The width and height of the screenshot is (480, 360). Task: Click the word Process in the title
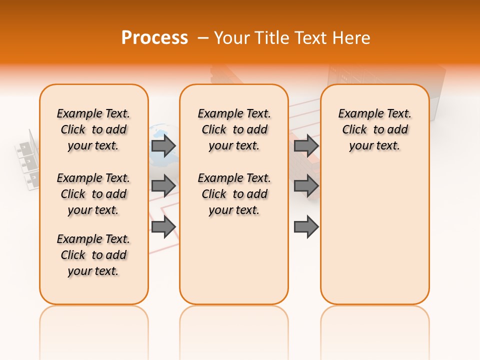pos(154,37)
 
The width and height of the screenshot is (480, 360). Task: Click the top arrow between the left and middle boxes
pos(163,145)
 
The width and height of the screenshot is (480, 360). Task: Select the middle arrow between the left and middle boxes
pos(163,185)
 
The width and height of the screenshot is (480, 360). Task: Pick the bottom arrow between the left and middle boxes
pos(163,226)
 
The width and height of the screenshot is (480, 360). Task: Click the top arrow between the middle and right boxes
pos(306,145)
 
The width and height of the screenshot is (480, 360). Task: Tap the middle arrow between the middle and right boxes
pos(306,185)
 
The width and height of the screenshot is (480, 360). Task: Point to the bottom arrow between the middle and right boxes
pos(306,226)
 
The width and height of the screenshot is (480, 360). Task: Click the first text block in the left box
pos(93,129)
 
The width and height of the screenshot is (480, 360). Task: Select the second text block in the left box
pos(93,194)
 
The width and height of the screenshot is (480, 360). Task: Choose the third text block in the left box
pos(93,255)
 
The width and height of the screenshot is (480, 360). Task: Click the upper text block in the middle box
pos(234,129)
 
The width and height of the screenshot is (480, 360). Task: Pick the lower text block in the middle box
pos(234,194)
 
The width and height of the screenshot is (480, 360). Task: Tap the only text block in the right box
pos(374,129)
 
